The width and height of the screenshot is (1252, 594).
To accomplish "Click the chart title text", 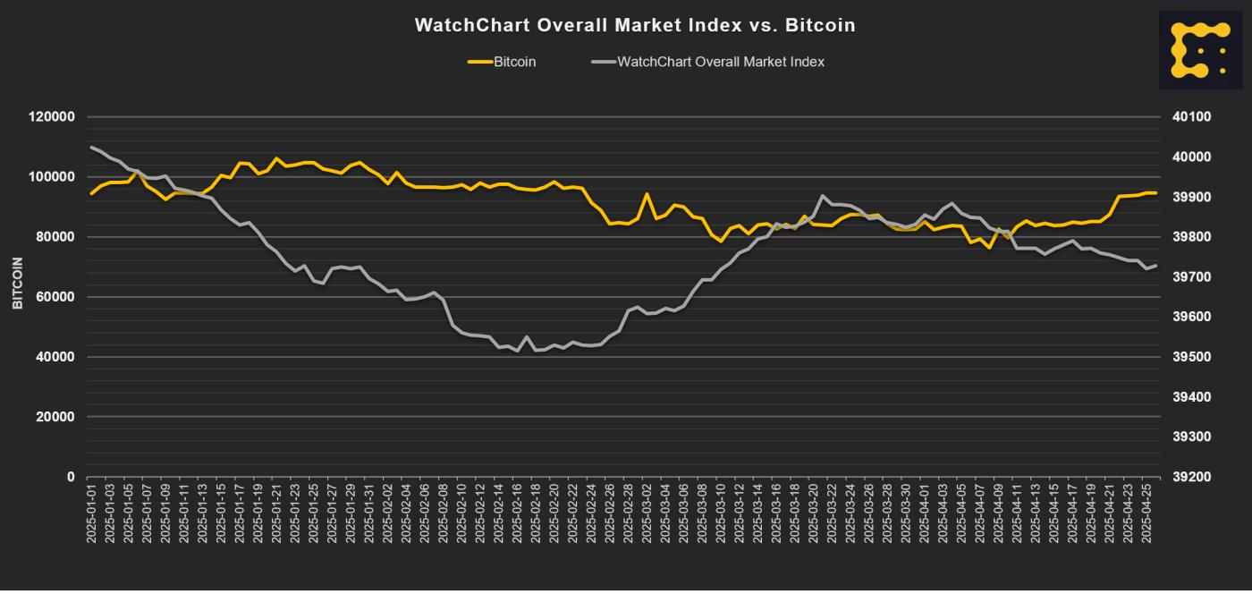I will click(x=634, y=26).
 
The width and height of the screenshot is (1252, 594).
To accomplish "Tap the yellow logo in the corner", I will click(x=1200, y=50).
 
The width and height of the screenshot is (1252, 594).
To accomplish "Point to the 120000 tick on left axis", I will click(x=52, y=117).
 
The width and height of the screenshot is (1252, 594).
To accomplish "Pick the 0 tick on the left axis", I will click(x=71, y=477).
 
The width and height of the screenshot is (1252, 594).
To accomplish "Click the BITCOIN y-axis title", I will click(x=17, y=283).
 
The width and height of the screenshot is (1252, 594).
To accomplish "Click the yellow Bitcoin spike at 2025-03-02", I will click(x=647, y=193).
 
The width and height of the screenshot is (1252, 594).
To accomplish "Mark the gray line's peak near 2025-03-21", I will click(x=823, y=196).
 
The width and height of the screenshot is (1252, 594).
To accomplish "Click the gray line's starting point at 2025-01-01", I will click(x=91, y=147).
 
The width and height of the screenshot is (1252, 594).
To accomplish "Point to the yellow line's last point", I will click(x=1155, y=192).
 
